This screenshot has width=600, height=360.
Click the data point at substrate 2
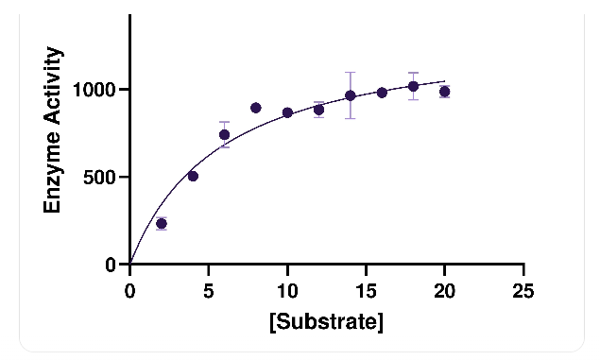coord(162,223)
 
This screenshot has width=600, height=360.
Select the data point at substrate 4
coord(193,177)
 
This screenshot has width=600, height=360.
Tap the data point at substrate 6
coord(224,135)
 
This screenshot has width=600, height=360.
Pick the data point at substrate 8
coord(256,108)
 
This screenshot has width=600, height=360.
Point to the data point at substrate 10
coord(287,112)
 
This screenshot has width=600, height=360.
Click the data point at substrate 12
coord(318,110)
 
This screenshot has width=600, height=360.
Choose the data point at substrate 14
coord(351,95)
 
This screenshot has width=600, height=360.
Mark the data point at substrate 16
coord(382,93)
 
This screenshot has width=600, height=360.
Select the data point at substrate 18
coord(413,87)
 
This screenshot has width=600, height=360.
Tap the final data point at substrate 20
coord(444,92)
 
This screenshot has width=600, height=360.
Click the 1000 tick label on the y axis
coord(94,90)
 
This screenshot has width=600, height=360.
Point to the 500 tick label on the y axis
coord(99,177)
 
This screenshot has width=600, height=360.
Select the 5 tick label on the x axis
coord(208,291)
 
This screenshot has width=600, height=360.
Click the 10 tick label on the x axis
coord(287,291)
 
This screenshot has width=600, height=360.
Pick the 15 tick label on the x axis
coord(367,291)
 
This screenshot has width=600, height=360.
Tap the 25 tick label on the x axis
coord(523,291)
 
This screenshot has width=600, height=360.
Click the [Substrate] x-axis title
coord(326,322)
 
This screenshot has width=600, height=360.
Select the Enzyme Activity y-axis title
coord(52,129)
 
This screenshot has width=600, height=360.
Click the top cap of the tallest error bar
coord(351,72)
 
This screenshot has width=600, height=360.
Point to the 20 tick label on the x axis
coord(445,291)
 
